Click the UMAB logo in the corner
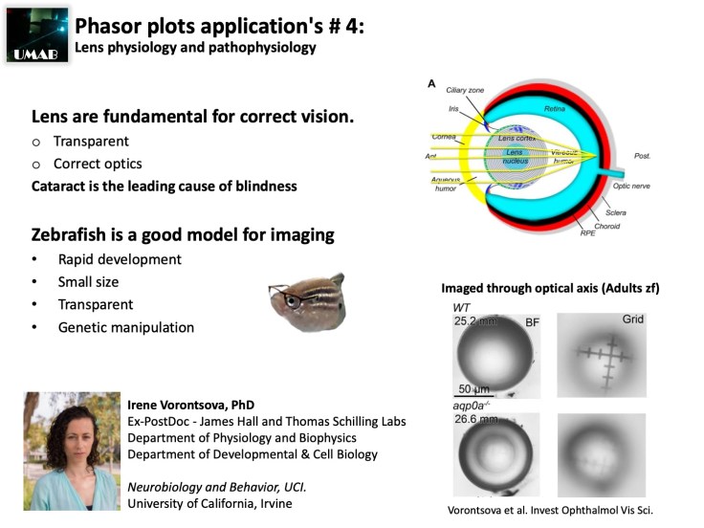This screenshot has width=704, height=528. coord(35,32)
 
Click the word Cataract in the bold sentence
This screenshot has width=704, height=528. coord(61,186)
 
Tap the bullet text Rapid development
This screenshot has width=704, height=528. coord(119,259)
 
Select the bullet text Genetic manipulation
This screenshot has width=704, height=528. coord(125,327)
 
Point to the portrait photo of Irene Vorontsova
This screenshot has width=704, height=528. coord(72,451)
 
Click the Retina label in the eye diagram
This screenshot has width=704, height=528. coord(555,111)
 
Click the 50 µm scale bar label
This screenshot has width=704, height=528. coord(474,388)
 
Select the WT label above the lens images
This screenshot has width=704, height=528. coord(463,308)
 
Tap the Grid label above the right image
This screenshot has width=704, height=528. coord(633,318)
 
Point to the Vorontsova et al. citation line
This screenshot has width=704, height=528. coord(557,510)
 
